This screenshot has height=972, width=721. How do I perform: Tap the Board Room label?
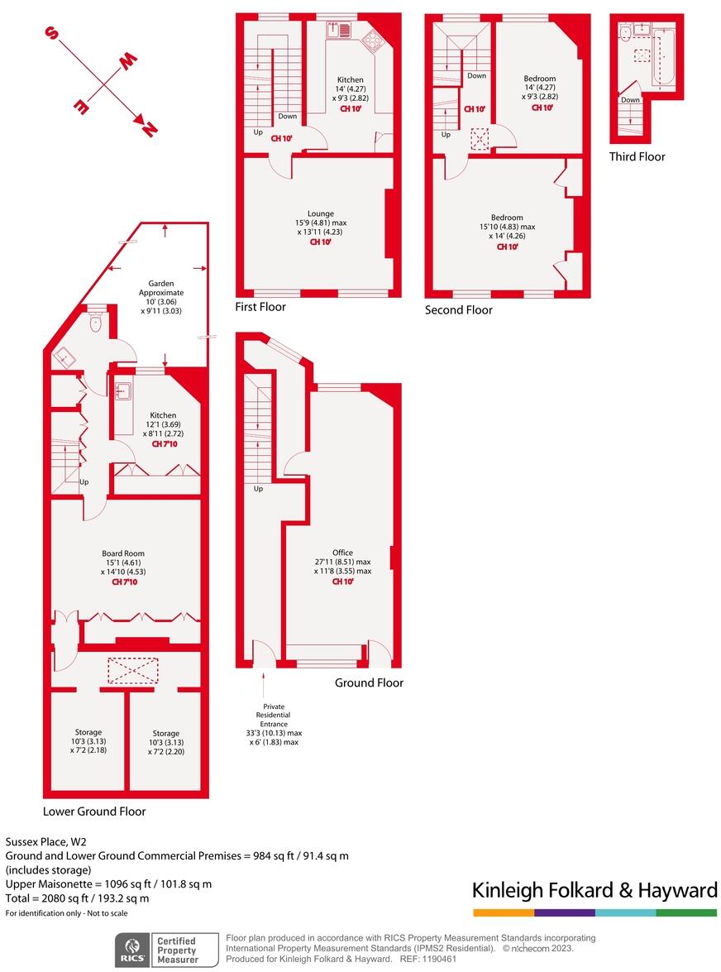point(123,553)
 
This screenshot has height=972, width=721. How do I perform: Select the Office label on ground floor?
point(342,553)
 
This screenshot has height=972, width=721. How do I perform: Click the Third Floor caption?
point(637,156)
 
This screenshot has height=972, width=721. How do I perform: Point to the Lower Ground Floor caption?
point(94,812)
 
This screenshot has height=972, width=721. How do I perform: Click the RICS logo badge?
point(131,948)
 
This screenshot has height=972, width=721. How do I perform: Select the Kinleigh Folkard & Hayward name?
point(594,890)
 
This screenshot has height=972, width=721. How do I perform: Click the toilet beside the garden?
point(96,322)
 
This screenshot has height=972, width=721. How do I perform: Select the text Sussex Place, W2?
point(44,840)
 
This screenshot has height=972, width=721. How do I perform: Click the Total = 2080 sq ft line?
point(78,898)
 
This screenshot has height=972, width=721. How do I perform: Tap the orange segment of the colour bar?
point(503,912)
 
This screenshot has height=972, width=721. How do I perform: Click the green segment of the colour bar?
point(686,912)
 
